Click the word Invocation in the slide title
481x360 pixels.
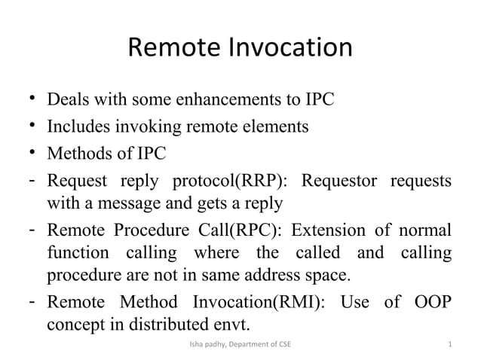coord(288,48)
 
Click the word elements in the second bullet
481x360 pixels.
coord(277,127)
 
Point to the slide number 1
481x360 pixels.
coord(449,345)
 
